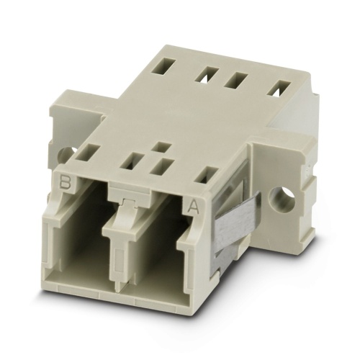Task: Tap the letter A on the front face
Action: [193, 208]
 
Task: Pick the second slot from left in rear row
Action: [211, 73]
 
